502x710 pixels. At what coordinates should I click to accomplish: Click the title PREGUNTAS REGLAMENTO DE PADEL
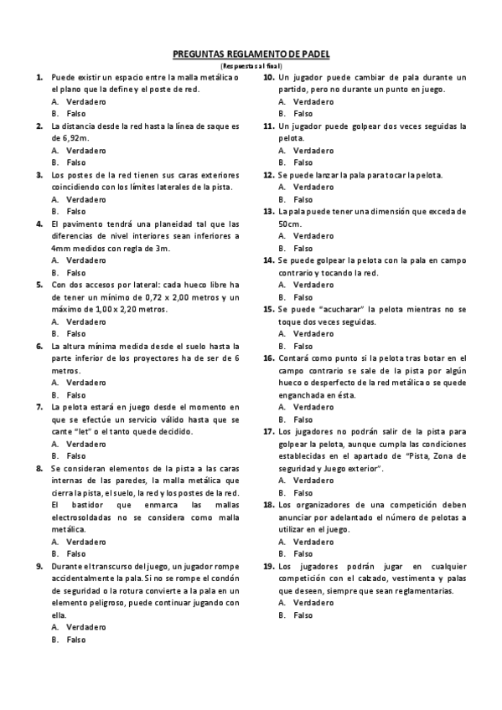coord(251,54)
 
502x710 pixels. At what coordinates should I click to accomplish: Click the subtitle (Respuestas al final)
coord(251,65)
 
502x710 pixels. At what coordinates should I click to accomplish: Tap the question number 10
coord(268,77)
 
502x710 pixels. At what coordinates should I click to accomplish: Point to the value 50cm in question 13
coord(290,224)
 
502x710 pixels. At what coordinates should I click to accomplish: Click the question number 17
coord(268,431)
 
